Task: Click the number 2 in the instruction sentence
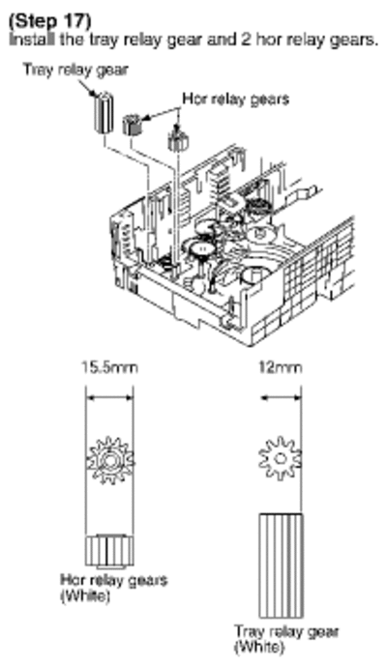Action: [248, 39]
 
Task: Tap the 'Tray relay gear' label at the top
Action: [75, 71]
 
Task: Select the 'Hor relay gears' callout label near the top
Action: [236, 99]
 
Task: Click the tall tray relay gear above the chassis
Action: [103, 111]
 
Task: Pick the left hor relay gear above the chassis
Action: [133, 125]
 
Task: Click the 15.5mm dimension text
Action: [110, 367]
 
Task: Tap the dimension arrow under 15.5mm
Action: [109, 398]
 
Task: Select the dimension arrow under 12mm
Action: [281, 398]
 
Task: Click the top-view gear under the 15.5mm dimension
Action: [110, 460]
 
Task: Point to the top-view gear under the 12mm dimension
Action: [281, 459]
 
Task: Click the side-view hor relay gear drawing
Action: [109, 552]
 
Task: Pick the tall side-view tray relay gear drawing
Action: [281, 565]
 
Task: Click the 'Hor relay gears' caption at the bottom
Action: [114, 581]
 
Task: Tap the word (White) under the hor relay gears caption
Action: [85, 595]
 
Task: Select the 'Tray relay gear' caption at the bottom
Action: [286, 632]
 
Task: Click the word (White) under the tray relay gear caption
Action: [259, 648]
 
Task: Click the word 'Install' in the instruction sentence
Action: [32, 39]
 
